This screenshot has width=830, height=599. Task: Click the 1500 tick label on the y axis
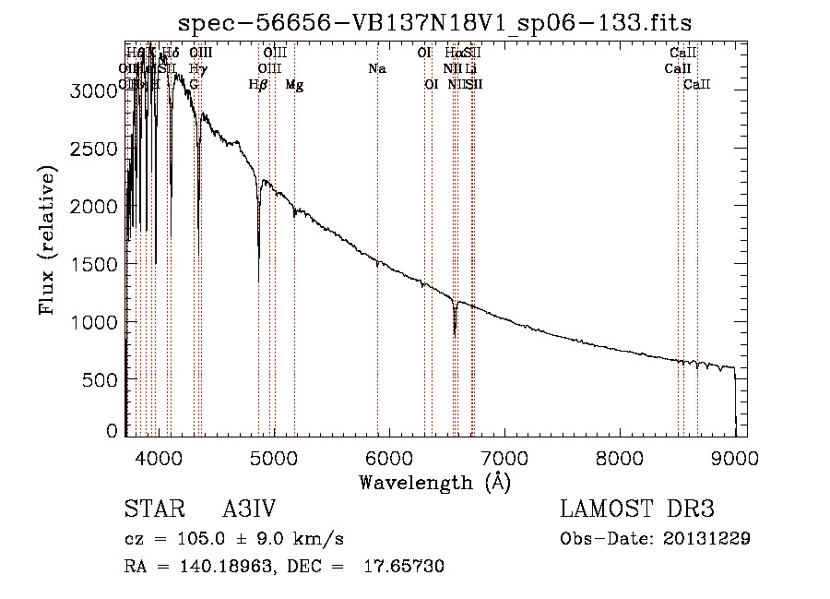tap(95, 265)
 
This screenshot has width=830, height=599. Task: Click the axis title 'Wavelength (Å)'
tap(434, 483)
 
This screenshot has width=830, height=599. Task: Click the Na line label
tap(376, 69)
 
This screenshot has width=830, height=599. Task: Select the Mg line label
tap(294, 85)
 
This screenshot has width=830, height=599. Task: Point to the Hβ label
tap(258, 85)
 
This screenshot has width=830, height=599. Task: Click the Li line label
tap(471, 69)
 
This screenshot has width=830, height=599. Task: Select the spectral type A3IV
tap(250, 509)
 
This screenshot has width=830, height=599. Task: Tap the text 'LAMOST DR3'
tap(637, 509)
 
